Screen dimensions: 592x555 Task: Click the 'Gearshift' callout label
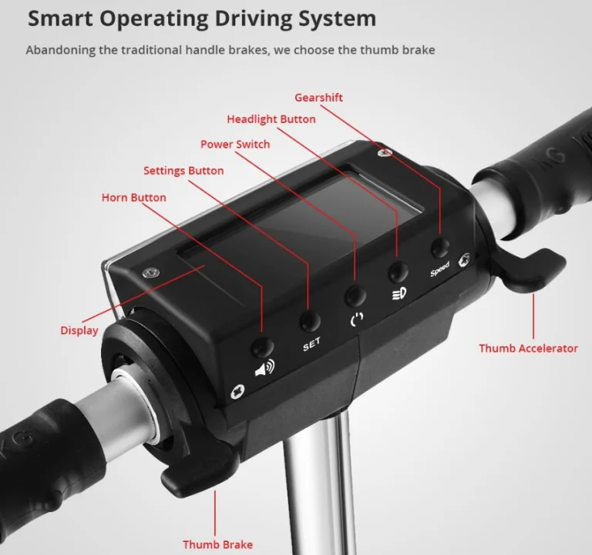tap(318, 98)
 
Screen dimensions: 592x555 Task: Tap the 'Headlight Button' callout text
tap(271, 119)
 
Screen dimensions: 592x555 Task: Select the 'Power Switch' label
tap(235, 145)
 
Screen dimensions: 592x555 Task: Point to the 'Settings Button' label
tap(183, 171)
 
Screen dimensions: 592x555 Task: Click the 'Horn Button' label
tap(133, 198)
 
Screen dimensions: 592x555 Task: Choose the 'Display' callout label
tap(79, 330)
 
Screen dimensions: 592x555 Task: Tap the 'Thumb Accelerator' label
tap(528, 348)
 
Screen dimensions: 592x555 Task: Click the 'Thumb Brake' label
tap(218, 544)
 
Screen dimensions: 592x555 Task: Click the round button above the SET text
tap(310, 321)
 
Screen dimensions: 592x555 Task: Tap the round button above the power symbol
tap(355, 296)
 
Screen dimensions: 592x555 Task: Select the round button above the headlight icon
tap(399, 272)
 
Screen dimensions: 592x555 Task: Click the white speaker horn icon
tap(265, 368)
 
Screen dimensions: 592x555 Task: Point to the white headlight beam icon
tap(399, 294)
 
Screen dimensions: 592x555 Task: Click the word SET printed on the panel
tap(311, 344)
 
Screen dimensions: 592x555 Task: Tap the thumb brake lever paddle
tap(197, 476)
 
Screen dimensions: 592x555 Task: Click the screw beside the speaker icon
tap(237, 391)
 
